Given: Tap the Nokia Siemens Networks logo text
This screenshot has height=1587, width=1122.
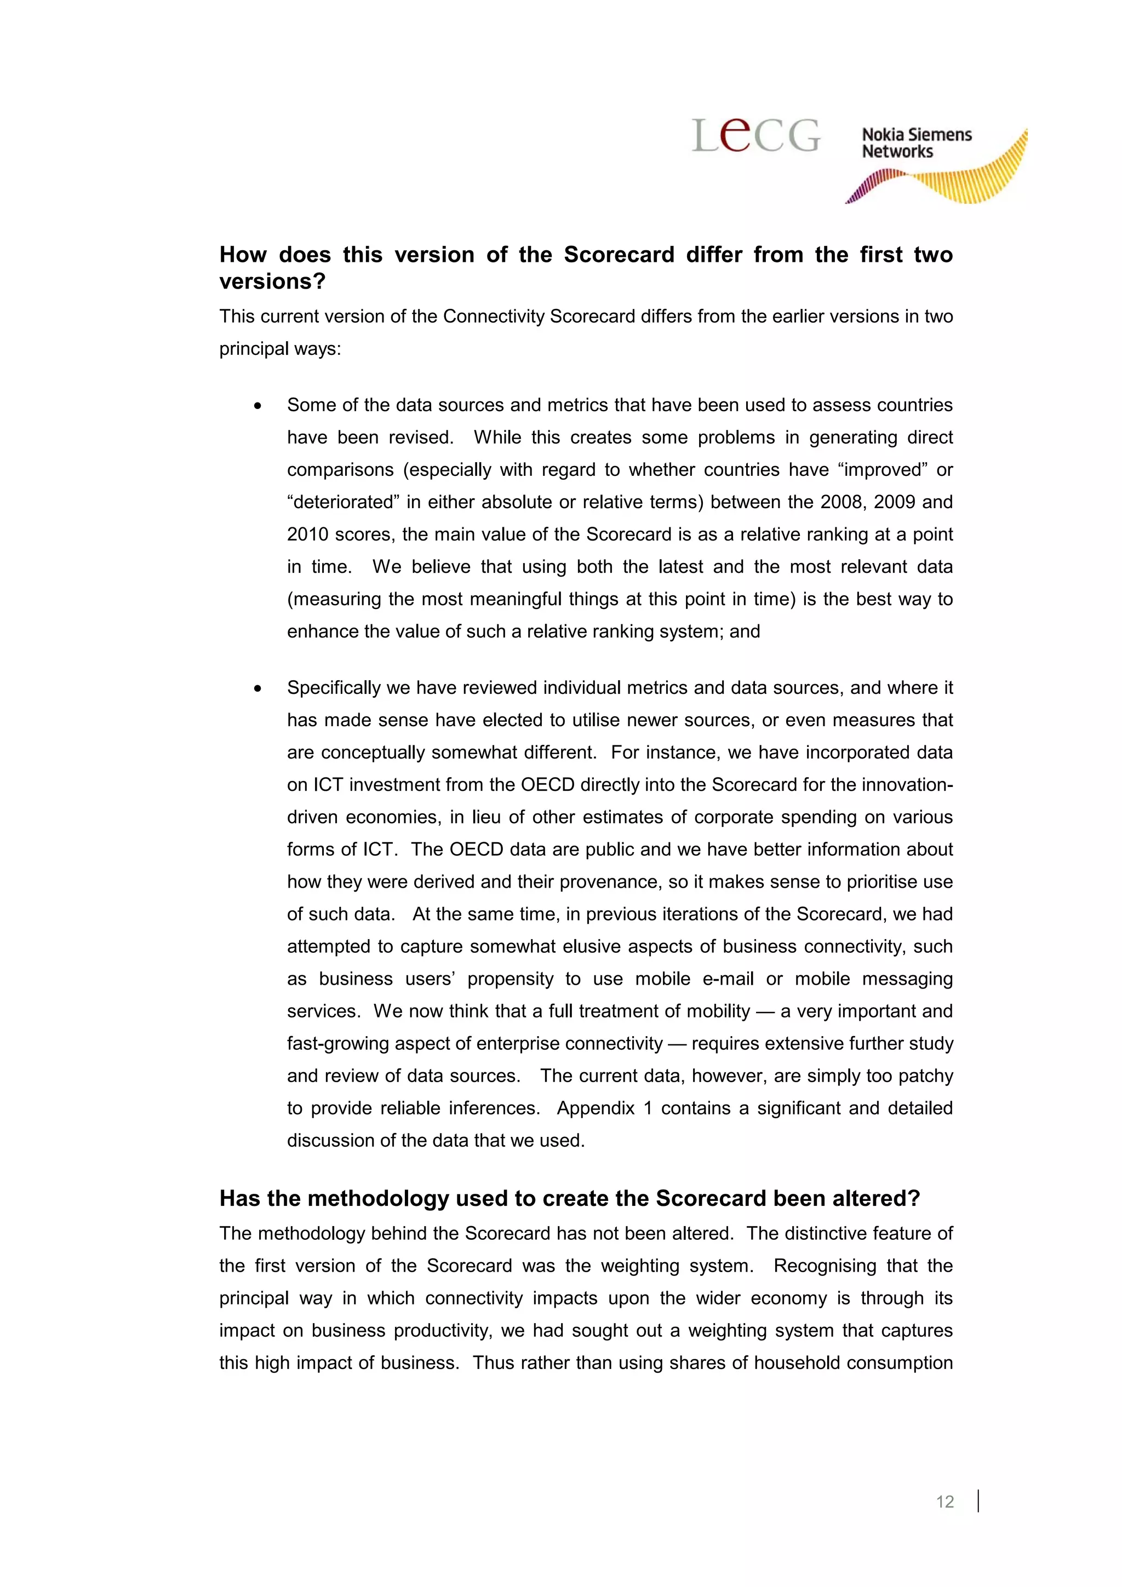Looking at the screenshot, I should (x=916, y=143).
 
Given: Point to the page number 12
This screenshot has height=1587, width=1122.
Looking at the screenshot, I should (x=944, y=1501).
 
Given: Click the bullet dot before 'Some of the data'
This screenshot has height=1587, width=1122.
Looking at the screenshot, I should (x=258, y=406).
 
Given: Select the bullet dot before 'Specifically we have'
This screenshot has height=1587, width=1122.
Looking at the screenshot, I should (x=258, y=689).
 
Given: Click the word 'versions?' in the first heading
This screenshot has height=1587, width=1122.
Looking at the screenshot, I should (x=272, y=282).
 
